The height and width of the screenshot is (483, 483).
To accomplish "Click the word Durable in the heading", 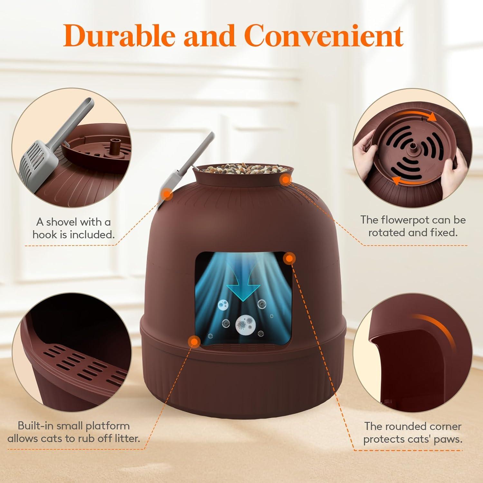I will click(x=120, y=35).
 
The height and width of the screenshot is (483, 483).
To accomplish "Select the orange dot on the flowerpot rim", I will click(x=285, y=179).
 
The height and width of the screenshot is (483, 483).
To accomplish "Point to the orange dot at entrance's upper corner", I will click(x=289, y=258).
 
